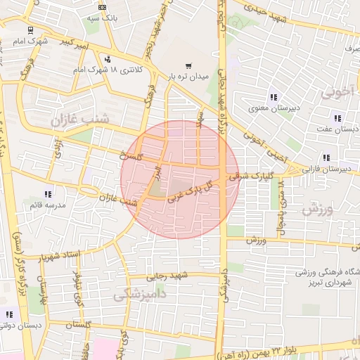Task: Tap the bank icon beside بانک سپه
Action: [103, 6]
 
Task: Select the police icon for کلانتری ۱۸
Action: [107, 59]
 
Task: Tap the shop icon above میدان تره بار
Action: [187, 65]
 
